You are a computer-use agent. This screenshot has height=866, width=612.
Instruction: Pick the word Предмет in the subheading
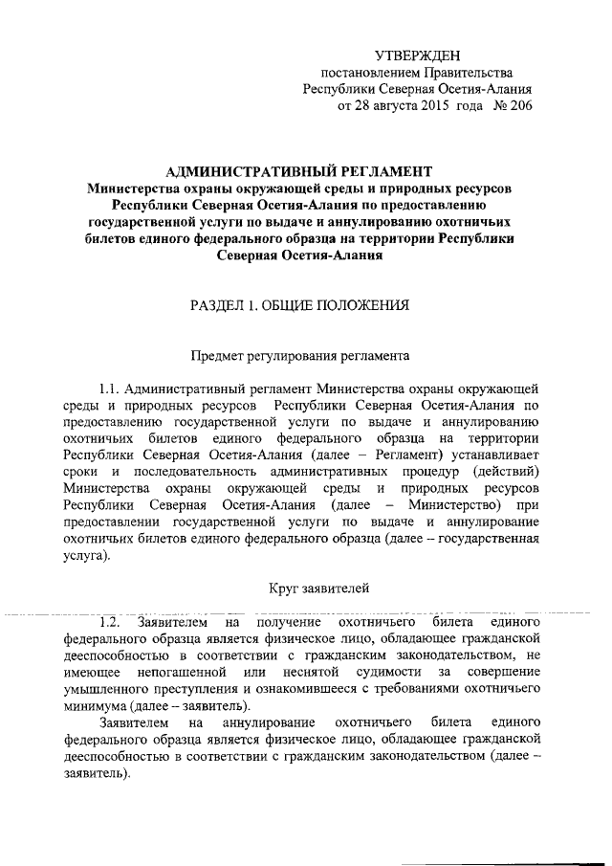[x=221, y=356]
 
